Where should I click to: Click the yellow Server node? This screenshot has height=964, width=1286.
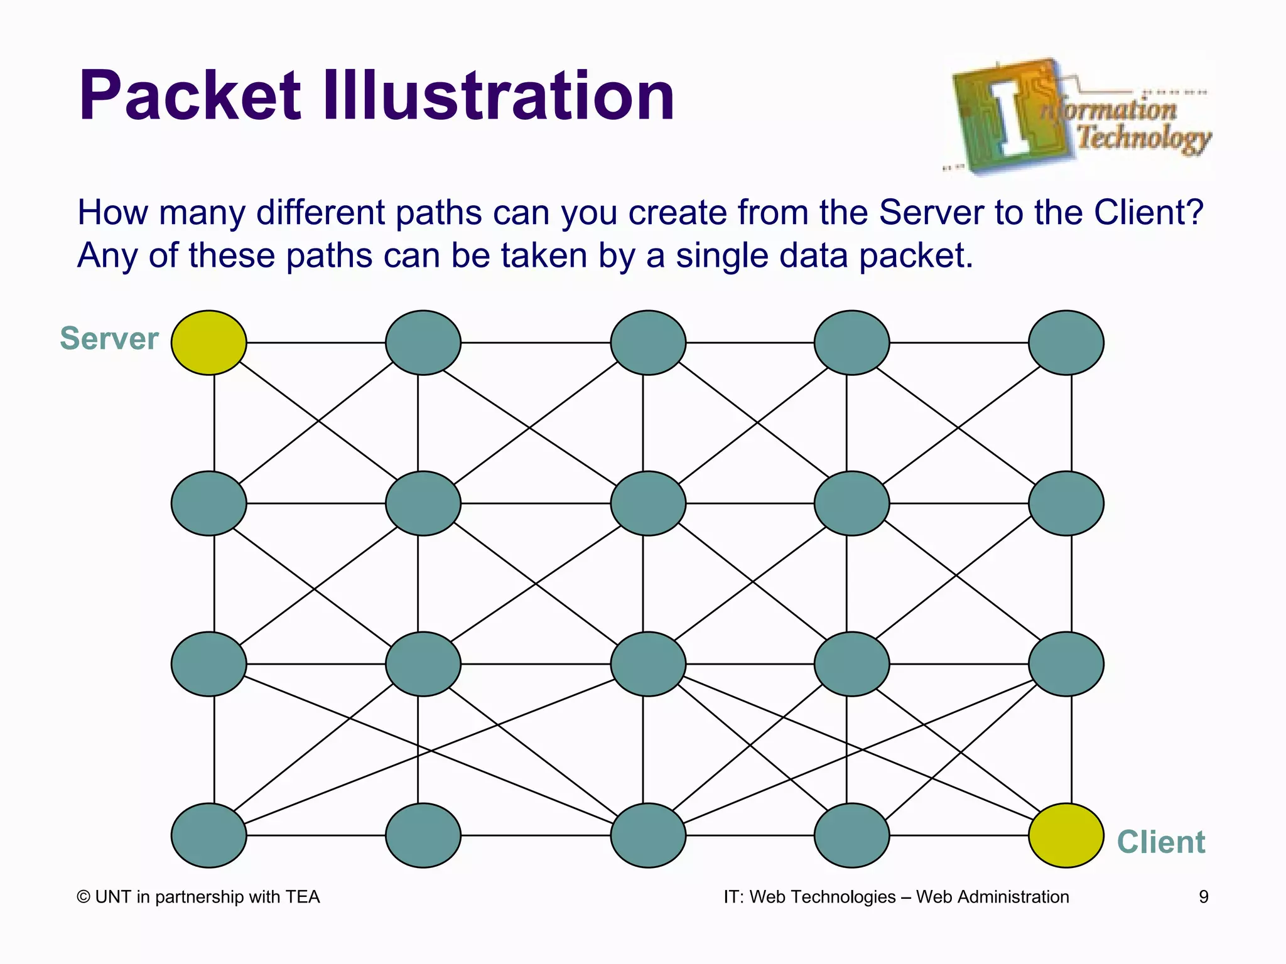(x=208, y=343)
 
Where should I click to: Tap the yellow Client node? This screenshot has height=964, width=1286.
(x=1066, y=835)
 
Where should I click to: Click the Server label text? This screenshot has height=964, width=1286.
(x=109, y=339)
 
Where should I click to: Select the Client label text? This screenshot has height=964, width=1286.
(x=1161, y=842)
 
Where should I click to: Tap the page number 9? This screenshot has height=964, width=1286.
(x=1203, y=897)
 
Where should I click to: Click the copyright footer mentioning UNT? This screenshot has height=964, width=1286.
(x=198, y=897)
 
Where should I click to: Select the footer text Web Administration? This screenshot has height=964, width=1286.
(x=992, y=897)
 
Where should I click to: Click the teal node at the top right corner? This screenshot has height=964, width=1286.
(x=1066, y=343)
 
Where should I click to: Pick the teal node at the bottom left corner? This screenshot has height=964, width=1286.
(x=208, y=835)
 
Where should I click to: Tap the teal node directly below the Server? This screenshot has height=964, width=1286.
(x=208, y=503)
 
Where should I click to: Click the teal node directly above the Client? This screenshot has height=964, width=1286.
(x=1066, y=664)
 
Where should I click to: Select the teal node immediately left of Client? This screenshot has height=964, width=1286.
(x=851, y=835)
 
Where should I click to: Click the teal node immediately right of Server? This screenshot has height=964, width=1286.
(x=423, y=343)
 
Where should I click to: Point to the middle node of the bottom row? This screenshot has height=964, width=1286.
(x=648, y=835)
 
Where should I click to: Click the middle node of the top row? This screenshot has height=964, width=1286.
(x=648, y=343)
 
